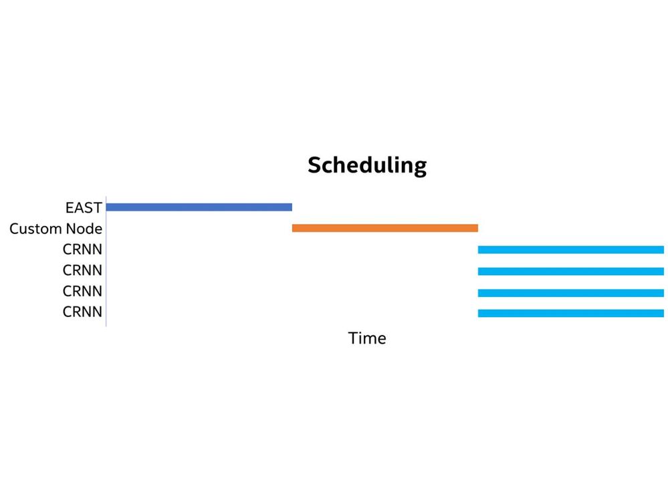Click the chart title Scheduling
point(367,165)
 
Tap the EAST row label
point(84,207)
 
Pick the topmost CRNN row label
point(82,249)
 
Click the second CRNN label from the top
point(82,270)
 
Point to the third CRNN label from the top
point(82,291)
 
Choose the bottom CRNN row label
point(82,312)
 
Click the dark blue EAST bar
point(199,207)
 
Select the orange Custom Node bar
point(385,228)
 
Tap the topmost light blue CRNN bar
point(571,249)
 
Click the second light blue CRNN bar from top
point(571,272)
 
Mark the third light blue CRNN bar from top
point(571,293)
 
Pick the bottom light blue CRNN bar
point(571,314)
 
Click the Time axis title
point(367,338)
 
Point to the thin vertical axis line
point(106,261)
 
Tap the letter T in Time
point(353,338)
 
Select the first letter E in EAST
point(70,207)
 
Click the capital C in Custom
point(14,229)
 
